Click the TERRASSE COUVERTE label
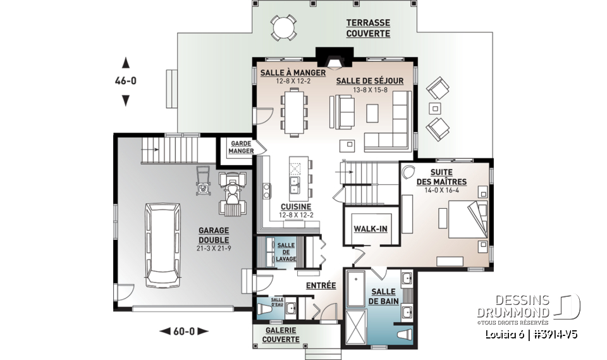pos(368,28)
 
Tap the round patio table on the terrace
pos(284,27)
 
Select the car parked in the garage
pos(162,245)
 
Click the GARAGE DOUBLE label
pos(214,235)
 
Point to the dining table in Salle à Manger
pos(294,112)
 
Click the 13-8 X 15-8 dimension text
pos(370,90)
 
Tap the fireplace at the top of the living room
pos(334,58)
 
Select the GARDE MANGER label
pos(241,147)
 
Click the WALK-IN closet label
pos(371,229)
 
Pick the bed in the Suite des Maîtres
pos(468,219)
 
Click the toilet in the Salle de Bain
pos(404,335)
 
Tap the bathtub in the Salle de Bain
pos(356,289)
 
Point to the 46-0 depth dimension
pos(125,81)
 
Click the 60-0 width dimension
pos(184,332)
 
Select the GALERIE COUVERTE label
pos(281,335)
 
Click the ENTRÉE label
pos(321,285)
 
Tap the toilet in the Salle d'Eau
pos(265,309)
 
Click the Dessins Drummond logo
pos(529,309)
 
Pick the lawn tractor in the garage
pos(232,194)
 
